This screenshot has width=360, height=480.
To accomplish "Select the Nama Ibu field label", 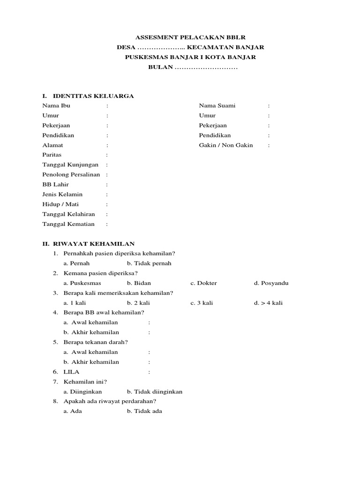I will coord(56,105).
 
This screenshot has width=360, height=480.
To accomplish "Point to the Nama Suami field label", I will coord(217,105).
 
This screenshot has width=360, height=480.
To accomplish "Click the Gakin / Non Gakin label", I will coord(226,145).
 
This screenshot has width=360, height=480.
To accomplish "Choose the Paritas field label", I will coord(52,155).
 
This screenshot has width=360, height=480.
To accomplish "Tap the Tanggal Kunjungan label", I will coord(70,165).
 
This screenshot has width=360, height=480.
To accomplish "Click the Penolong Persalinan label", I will coord(71,174).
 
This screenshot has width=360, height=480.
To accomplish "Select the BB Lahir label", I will coord(55,184).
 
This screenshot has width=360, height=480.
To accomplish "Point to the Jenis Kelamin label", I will coord(62,194).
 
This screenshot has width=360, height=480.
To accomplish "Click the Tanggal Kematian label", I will coord(68,224).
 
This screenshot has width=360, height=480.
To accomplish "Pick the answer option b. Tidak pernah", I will coord(149,263).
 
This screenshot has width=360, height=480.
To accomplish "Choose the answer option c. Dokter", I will coord(203,283).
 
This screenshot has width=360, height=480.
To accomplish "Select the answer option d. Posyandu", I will coord(271,283).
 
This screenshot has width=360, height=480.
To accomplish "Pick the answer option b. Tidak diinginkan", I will coord(154,391).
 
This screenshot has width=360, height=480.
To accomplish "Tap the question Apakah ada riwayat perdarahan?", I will coord(110,401).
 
